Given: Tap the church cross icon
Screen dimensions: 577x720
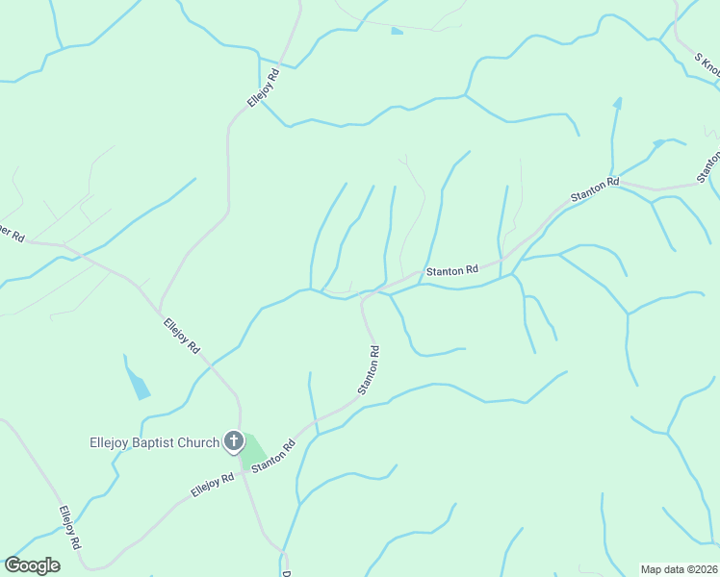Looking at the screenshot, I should coord(233,442).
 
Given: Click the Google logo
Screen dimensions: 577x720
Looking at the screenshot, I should coord(32,565).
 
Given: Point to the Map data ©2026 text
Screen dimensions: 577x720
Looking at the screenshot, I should coord(680,569).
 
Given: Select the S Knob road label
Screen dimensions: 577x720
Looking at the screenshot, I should coord(707,63).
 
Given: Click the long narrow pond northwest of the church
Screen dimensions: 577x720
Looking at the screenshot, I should coord(137,378).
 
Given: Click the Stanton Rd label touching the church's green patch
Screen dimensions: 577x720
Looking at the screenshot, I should coord(273,456).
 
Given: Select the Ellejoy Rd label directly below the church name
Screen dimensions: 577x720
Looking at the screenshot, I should coord(213,485).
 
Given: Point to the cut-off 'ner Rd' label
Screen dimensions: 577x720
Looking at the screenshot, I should coord(12,232).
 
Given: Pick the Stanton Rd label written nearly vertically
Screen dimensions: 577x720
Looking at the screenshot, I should coord(369,369).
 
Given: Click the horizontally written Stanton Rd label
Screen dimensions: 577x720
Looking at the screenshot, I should coord(452,271).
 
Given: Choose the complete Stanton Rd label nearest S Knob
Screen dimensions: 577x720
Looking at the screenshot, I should coord(594,188).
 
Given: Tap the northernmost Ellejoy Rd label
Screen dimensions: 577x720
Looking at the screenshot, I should coord(263,88).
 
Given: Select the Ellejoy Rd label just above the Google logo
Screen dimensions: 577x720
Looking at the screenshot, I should coord(70,527).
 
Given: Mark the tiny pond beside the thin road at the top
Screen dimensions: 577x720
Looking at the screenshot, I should coord(397,32).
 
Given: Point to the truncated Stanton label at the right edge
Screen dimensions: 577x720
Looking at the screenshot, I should coord(709,166).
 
